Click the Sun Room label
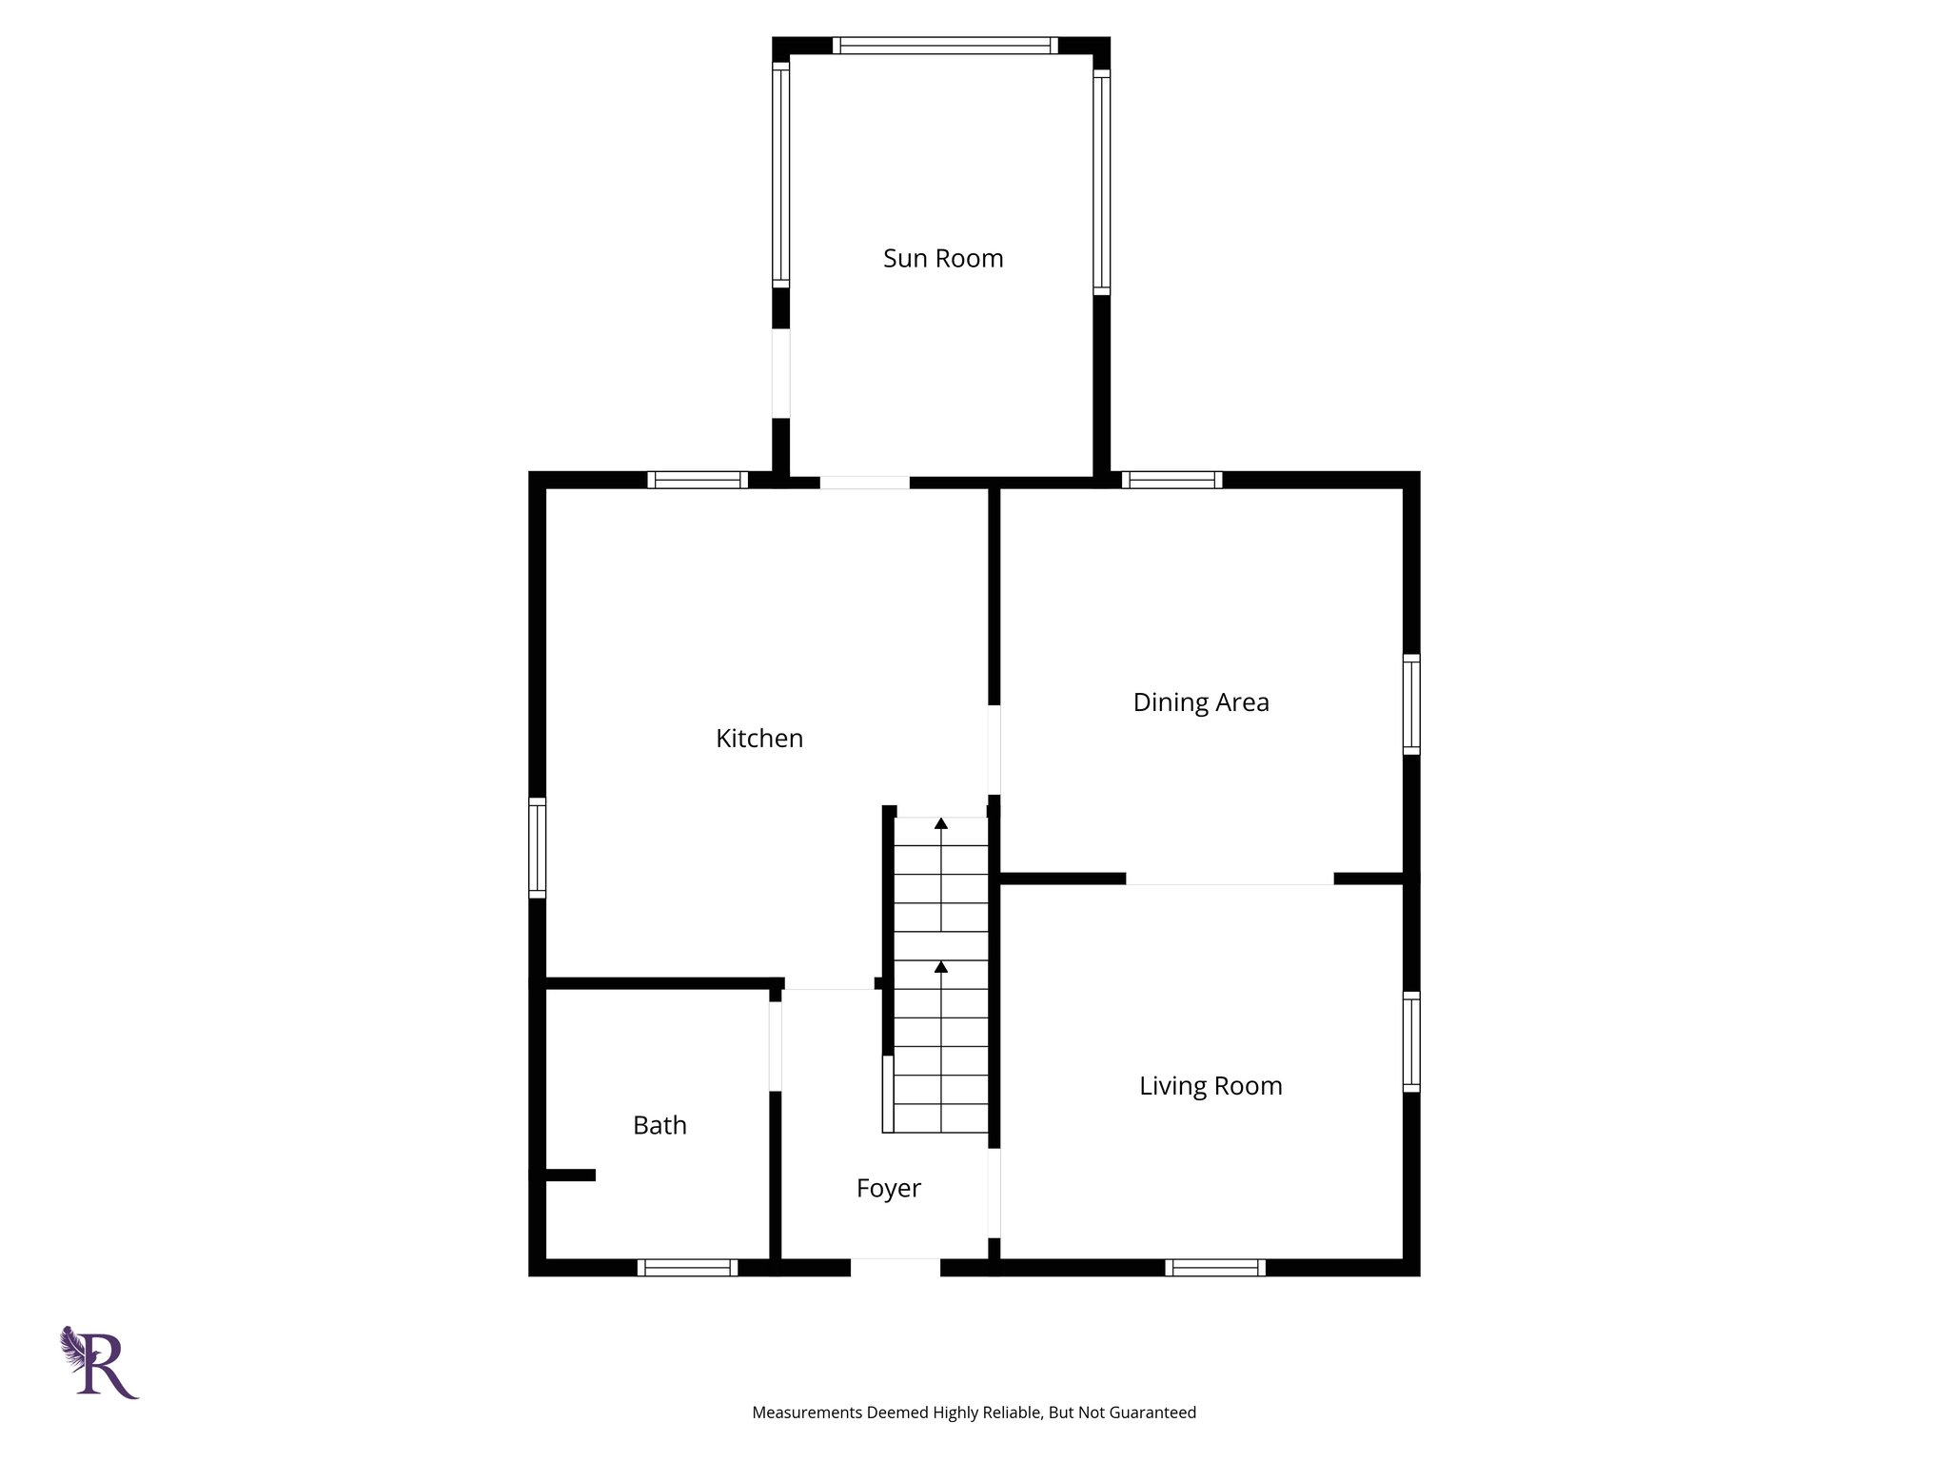pos(943,259)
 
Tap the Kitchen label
pos(759,739)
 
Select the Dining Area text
pos(1201,702)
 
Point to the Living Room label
pos(1211,1086)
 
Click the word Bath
pos(660,1125)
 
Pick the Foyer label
pos(888,1188)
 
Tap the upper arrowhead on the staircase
pos(941,823)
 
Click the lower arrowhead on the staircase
pos(941,967)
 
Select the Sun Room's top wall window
pos(945,45)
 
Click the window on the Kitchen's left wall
pos(538,847)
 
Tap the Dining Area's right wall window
pos(1411,704)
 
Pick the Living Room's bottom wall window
pos(1215,1267)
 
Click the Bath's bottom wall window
pos(687,1267)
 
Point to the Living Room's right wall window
pos(1411,1041)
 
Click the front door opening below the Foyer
pos(896,1267)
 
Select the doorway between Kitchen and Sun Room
pos(864,482)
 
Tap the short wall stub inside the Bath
pos(568,1176)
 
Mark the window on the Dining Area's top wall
pos(1171,480)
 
